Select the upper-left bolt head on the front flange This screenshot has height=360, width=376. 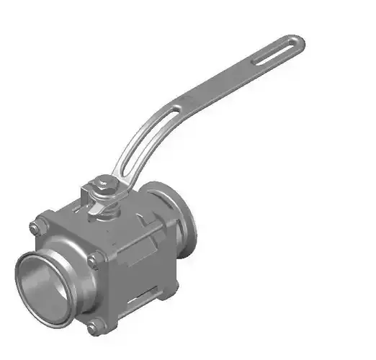coord(35,228)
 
